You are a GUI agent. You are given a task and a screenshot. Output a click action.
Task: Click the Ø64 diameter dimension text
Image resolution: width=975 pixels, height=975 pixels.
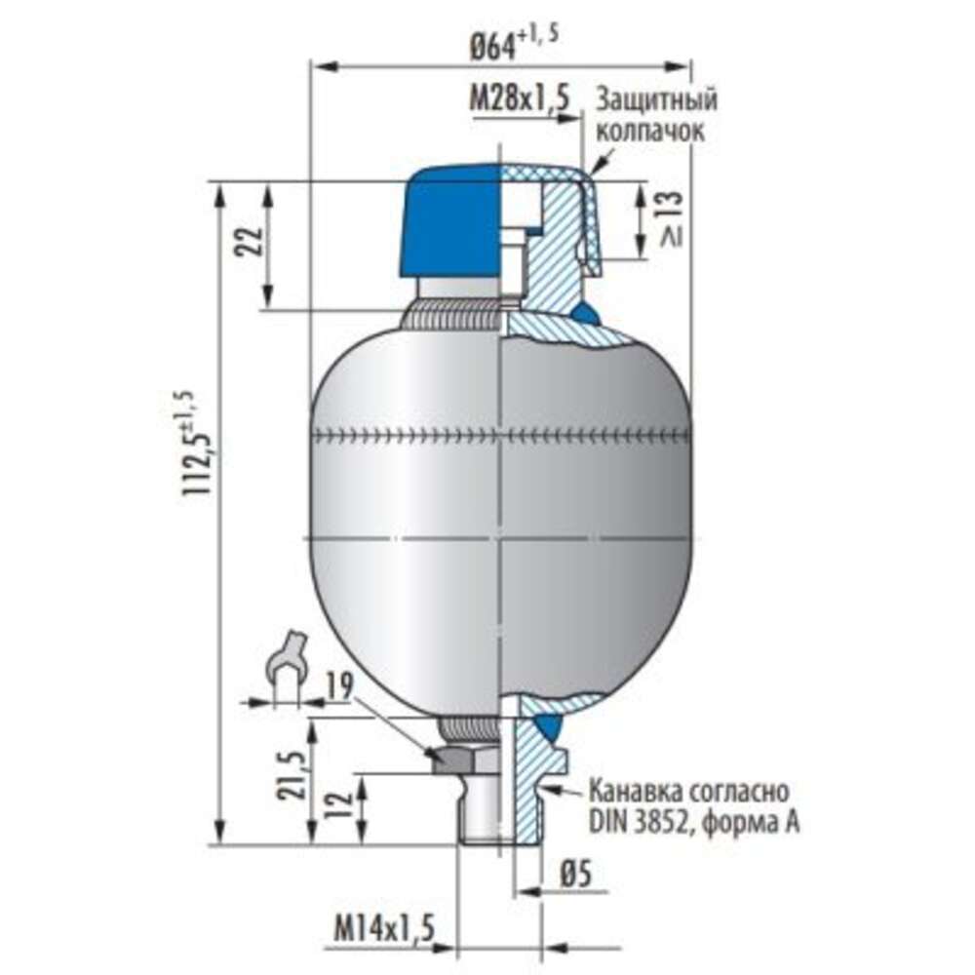coord(514,44)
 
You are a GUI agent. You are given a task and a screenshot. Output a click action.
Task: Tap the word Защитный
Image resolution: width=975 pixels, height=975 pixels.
coord(656,99)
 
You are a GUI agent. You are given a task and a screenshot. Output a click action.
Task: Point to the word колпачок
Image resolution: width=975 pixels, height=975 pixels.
coord(650,131)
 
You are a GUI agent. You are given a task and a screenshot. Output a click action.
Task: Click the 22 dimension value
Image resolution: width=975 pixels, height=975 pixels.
coord(248,241)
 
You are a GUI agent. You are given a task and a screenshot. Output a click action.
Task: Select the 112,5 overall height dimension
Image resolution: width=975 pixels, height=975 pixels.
coord(195,443)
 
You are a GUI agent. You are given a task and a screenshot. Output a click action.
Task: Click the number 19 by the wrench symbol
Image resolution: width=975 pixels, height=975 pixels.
coord(339,685)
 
